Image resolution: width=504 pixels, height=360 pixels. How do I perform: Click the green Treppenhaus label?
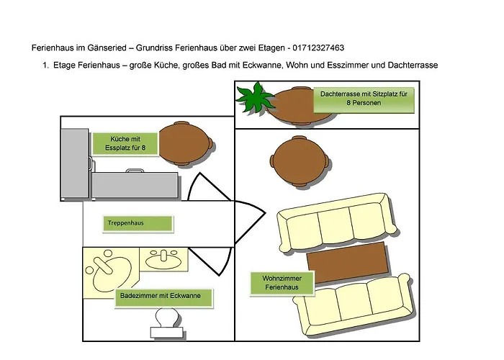point(138,223)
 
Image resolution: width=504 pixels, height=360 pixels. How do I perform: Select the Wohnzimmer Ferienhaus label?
point(283,282)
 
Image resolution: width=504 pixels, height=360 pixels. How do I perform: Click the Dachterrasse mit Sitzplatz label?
point(364,99)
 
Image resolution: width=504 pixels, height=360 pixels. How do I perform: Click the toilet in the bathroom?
point(168,320)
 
